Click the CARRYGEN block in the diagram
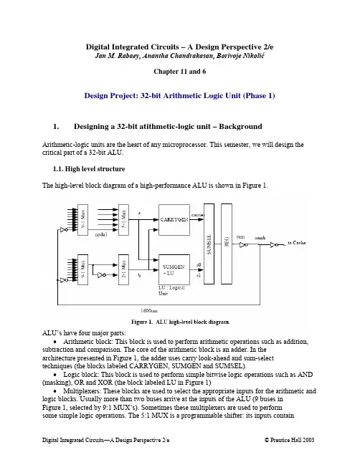coord(174,220)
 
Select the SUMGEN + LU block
coord(174,269)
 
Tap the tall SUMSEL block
coord(209,244)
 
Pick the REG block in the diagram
coord(227,244)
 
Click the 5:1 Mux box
coord(123,220)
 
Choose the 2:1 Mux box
coord(123,269)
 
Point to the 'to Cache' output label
coord(296,243)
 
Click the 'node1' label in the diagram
coord(101,234)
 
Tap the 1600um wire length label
coord(149,310)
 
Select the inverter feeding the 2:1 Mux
coord(102,275)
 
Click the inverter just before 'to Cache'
coord(274,244)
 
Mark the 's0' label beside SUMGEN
coord(199,264)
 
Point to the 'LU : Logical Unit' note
coord(171,290)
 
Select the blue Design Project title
coord(179,95)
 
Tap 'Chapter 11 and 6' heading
coord(179,72)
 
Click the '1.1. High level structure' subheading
coord(89,169)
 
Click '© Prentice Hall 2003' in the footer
coord(290,440)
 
